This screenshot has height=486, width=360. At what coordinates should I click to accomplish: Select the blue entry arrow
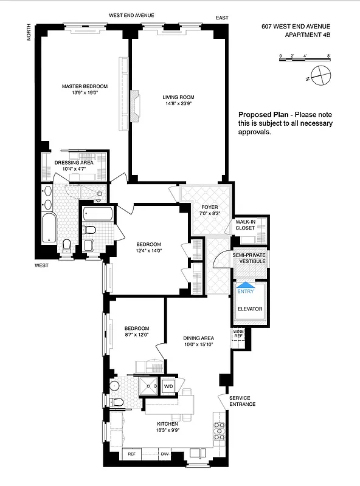click(x=247, y=283)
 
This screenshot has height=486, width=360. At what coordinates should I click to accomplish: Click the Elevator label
click(x=250, y=309)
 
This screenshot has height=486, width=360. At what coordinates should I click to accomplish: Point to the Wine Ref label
click(x=238, y=334)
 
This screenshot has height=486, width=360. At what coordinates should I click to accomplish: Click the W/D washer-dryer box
click(x=168, y=385)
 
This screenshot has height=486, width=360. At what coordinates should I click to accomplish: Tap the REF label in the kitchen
click(x=131, y=454)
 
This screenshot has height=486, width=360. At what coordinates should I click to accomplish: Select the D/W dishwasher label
click(x=164, y=454)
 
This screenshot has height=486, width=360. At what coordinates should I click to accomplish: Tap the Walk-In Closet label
click(x=245, y=225)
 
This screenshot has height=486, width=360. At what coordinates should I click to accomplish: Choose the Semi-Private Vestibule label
click(x=249, y=258)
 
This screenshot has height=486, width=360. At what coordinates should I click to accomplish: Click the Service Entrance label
click(x=243, y=401)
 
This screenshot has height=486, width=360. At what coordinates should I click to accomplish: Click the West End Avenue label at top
click(x=131, y=15)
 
